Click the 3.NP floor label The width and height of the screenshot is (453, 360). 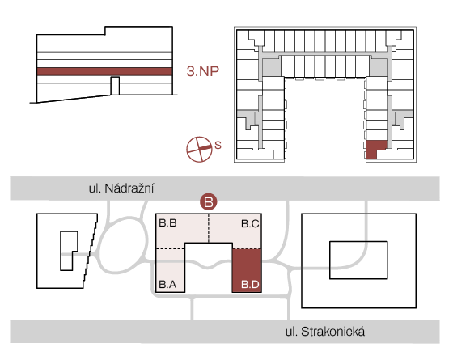pos(202,71)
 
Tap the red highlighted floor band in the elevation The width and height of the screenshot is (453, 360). pos(104,72)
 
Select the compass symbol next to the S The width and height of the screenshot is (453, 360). pos(199,149)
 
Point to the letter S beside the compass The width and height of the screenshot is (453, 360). pos(218,145)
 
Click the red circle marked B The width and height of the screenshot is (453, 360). pos(209,201)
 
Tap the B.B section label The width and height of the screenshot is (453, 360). pos(167,223)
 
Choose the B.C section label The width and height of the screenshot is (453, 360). pos(250,223)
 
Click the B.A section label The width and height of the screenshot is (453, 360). pos(167,284)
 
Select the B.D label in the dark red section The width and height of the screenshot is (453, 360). pos(250,284)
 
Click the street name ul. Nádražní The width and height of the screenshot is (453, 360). pos(121,188)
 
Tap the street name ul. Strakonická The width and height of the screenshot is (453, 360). pos(325,332)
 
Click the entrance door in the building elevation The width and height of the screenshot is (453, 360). pos(115,86)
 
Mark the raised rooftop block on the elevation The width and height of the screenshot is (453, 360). pos(138,32)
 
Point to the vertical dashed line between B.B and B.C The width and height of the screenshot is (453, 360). pos(209,228)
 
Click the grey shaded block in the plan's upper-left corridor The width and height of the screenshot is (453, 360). pos(271,68)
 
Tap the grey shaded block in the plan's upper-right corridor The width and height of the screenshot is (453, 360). pos(379,66)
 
